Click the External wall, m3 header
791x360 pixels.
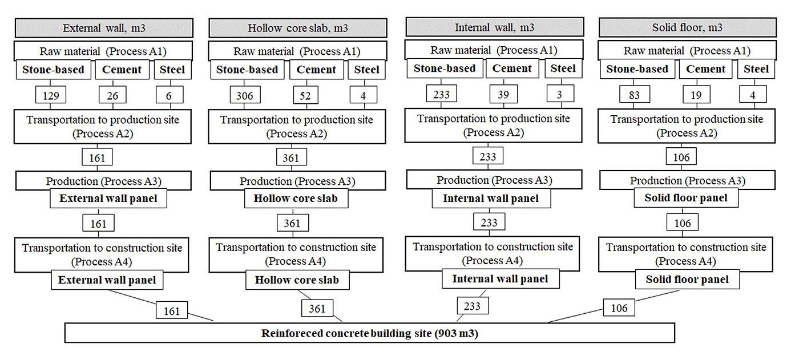104,28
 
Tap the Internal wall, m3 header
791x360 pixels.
494,27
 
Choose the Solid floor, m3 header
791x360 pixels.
687,28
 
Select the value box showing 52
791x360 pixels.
305,96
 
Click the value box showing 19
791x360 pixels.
696,95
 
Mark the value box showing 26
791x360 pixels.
113,96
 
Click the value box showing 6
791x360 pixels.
169,96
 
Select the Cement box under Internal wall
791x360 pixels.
512,68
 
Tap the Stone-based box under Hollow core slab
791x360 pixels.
248,70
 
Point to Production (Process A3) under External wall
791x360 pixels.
103,181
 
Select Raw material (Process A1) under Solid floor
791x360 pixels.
687,51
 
